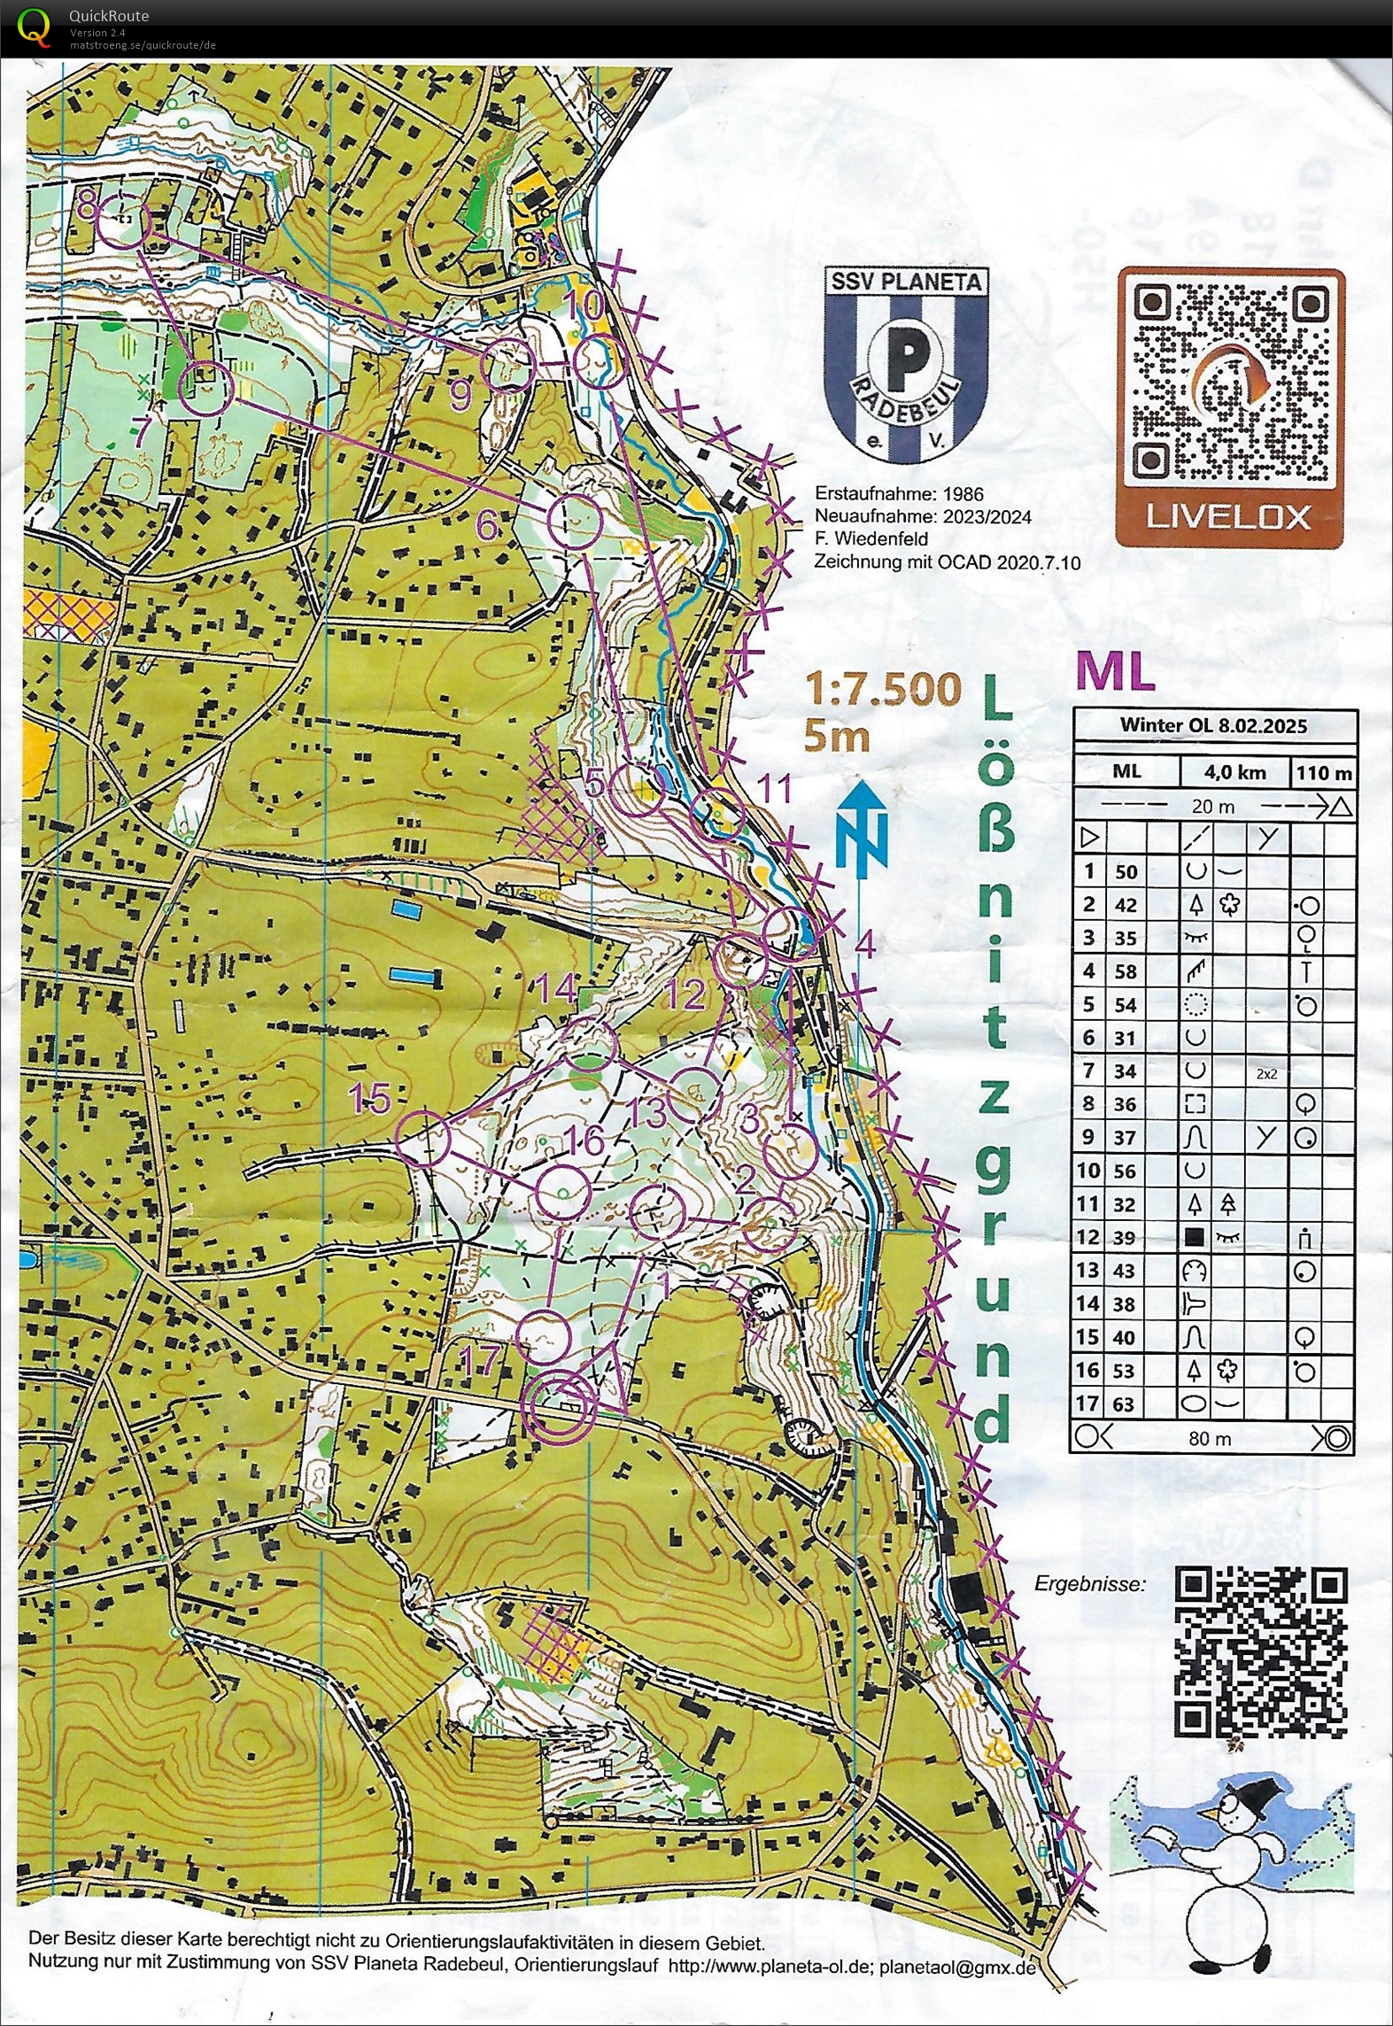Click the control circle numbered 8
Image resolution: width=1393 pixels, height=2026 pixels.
[121, 222]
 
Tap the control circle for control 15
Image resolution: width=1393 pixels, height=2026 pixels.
[423, 1138]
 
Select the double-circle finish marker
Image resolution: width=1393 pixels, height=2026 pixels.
[557, 1406]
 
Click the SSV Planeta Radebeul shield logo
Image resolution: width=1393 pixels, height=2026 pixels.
[905, 366]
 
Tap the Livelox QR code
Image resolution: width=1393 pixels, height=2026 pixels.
[1230, 387]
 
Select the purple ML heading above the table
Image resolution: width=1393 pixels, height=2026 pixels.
[1115, 672]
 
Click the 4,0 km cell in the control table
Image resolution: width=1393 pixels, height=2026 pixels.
[1234, 771]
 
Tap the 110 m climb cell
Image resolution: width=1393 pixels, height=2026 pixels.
[1323, 772]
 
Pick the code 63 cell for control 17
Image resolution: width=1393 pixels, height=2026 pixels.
[1125, 1404]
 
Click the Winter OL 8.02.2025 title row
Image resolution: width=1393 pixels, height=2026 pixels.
[1213, 725]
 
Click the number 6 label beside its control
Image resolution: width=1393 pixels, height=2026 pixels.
[488, 526]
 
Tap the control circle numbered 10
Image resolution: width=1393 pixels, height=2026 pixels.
[599, 360]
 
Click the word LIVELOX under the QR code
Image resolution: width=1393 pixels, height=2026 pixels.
[1228, 517]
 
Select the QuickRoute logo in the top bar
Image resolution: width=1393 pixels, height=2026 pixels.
[34, 26]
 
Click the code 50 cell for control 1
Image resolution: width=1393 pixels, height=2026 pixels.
[1125, 871]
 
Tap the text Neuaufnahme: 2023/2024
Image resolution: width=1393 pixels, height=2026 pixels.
[923, 516]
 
